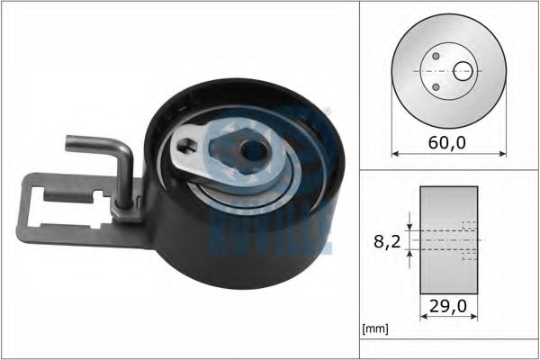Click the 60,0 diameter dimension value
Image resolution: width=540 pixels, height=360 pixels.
coord(447,143)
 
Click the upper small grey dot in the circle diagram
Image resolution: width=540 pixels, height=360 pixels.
coord(436,56)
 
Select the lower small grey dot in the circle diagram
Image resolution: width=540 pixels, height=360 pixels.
coord(436,86)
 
